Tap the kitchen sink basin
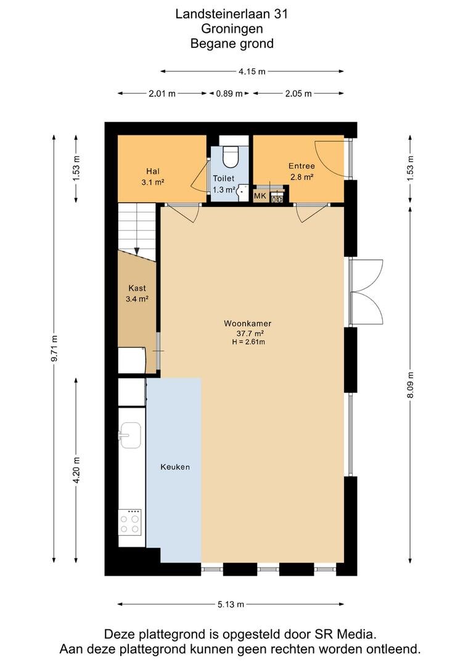tap(129, 435)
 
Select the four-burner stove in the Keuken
tap(129, 523)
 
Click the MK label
tap(260, 196)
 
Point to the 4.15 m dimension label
tap(252, 71)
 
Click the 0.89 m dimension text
tap(229, 94)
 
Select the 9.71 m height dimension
tap(54, 349)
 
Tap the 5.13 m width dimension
tap(231, 605)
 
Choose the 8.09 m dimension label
tap(410, 385)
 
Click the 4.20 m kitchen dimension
tap(76, 470)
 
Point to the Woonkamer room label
tap(248, 324)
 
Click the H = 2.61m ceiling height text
tap(248, 342)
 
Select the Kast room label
tap(137, 288)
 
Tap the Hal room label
tap(153, 171)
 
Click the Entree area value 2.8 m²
tap(302, 177)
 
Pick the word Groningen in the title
tap(232, 29)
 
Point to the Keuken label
tap(175, 467)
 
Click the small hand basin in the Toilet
tap(242, 191)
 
